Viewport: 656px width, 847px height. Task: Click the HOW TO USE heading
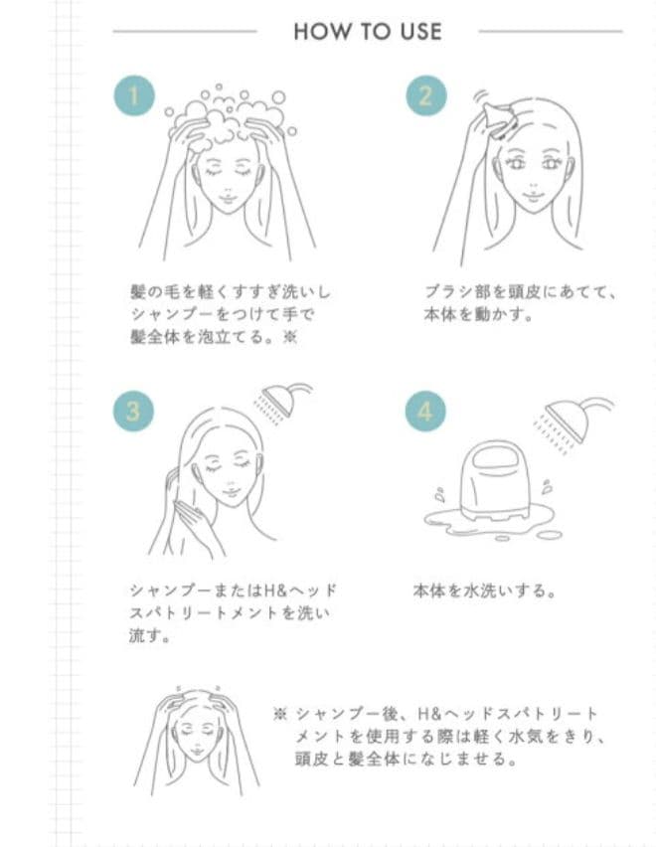[x=367, y=32]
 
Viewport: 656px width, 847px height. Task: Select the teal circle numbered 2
[x=425, y=95]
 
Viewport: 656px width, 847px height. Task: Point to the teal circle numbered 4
[x=424, y=411]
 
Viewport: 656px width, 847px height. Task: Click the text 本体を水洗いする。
[x=483, y=591]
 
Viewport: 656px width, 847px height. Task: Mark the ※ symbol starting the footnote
[x=280, y=714]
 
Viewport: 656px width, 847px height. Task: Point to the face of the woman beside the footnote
[x=197, y=740]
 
